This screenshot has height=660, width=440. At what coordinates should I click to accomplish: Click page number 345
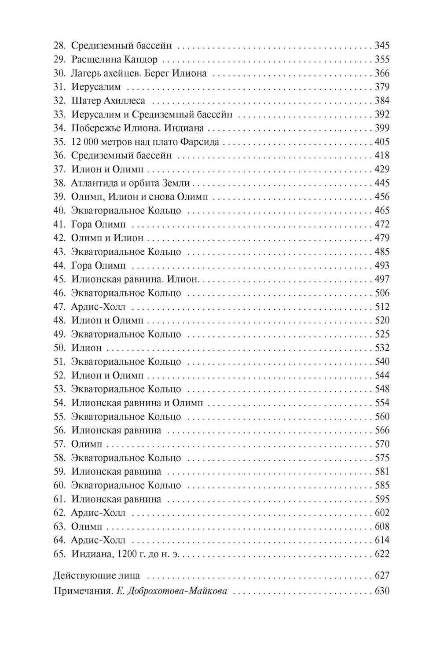[x=381, y=45]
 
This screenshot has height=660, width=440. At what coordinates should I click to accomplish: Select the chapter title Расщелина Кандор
[x=114, y=59]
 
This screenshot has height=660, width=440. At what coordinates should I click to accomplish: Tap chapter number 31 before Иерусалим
[x=59, y=87]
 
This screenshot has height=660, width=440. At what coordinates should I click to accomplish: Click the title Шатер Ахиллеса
[x=108, y=101]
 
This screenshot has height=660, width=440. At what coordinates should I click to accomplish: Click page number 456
[x=381, y=197]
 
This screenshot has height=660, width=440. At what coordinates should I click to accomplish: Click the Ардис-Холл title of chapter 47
[x=98, y=307]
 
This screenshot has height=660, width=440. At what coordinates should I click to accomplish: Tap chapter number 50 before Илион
[x=59, y=348]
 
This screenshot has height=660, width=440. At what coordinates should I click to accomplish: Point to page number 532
[x=381, y=348]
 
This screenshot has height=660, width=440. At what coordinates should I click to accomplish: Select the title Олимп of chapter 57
[x=86, y=444]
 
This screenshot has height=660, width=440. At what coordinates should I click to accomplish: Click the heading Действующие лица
[x=96, y=576]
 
